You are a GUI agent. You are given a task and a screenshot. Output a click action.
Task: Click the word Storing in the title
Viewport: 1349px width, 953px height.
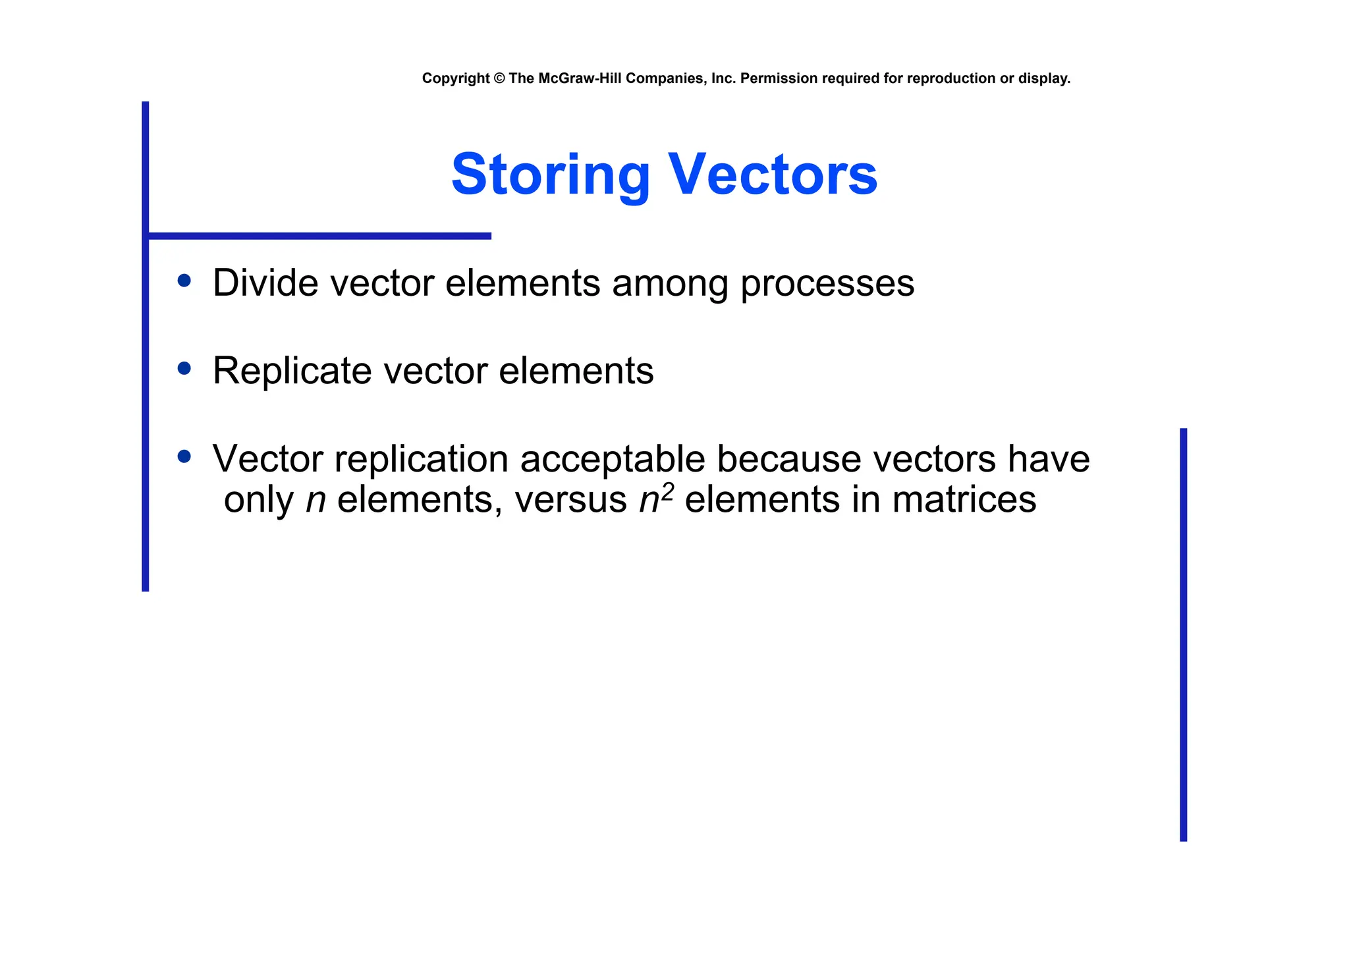point(550,175)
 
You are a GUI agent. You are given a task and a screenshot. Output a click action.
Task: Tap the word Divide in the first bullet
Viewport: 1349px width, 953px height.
point(265,283)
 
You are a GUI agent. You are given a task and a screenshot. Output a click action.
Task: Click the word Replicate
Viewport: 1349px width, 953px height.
point(292,371)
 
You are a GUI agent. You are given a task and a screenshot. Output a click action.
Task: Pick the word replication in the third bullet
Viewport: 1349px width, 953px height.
point(422,459)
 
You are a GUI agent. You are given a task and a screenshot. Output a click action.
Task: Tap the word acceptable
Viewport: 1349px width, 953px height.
point(612,459)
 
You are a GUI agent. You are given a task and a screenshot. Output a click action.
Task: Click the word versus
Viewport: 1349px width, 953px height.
point(570,500)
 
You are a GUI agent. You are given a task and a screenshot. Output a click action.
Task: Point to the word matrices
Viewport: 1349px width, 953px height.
point(964,500)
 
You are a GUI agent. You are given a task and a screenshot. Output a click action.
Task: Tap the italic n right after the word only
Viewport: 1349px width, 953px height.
point(316,501)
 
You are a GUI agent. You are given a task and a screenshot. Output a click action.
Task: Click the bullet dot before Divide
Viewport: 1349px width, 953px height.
point(184,281)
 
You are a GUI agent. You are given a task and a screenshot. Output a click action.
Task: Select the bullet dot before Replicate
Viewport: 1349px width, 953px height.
point(184,369)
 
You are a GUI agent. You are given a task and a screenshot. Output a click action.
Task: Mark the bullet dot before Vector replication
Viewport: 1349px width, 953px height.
point(184,456)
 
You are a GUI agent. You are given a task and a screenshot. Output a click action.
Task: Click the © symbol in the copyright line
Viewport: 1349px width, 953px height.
point(499,78)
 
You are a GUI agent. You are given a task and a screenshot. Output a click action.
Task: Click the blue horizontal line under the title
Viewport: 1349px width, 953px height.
point(319,236)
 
